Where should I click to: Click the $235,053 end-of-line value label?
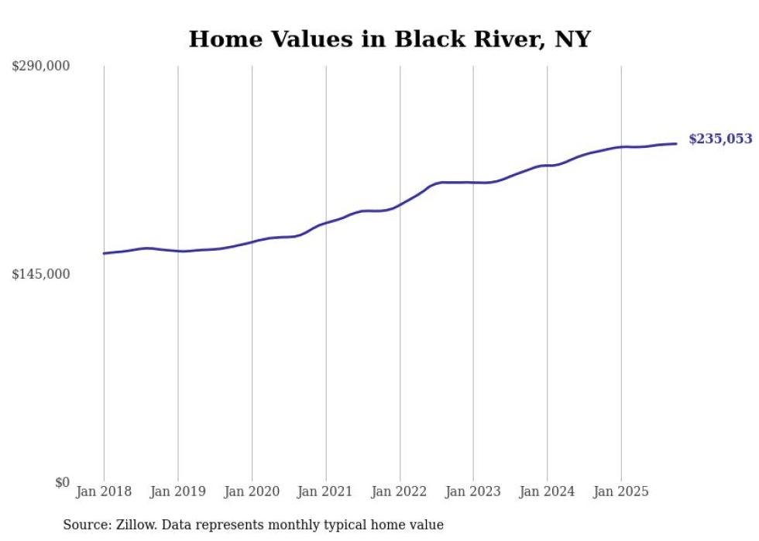tap(720, 139)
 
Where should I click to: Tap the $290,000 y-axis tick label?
tap(40, 67)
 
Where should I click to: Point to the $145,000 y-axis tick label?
tap(40, 274)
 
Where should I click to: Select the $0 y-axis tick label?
tap(62, 482)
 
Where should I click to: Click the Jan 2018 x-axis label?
tap(104, 491)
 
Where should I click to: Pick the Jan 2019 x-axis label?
tap(178, 491)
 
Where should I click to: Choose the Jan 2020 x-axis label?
tap(252, 491)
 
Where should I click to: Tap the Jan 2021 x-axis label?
tap(325, 491)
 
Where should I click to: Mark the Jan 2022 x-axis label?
tap(400, 491)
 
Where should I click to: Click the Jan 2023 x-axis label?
tap(473, 491)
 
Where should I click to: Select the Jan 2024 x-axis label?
tap(547, 491)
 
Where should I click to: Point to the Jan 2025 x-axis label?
tap(620, 491)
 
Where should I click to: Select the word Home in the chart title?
tap(218, 39)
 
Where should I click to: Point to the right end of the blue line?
tap(676, 143)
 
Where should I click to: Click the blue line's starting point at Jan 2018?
tap(104, 253)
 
